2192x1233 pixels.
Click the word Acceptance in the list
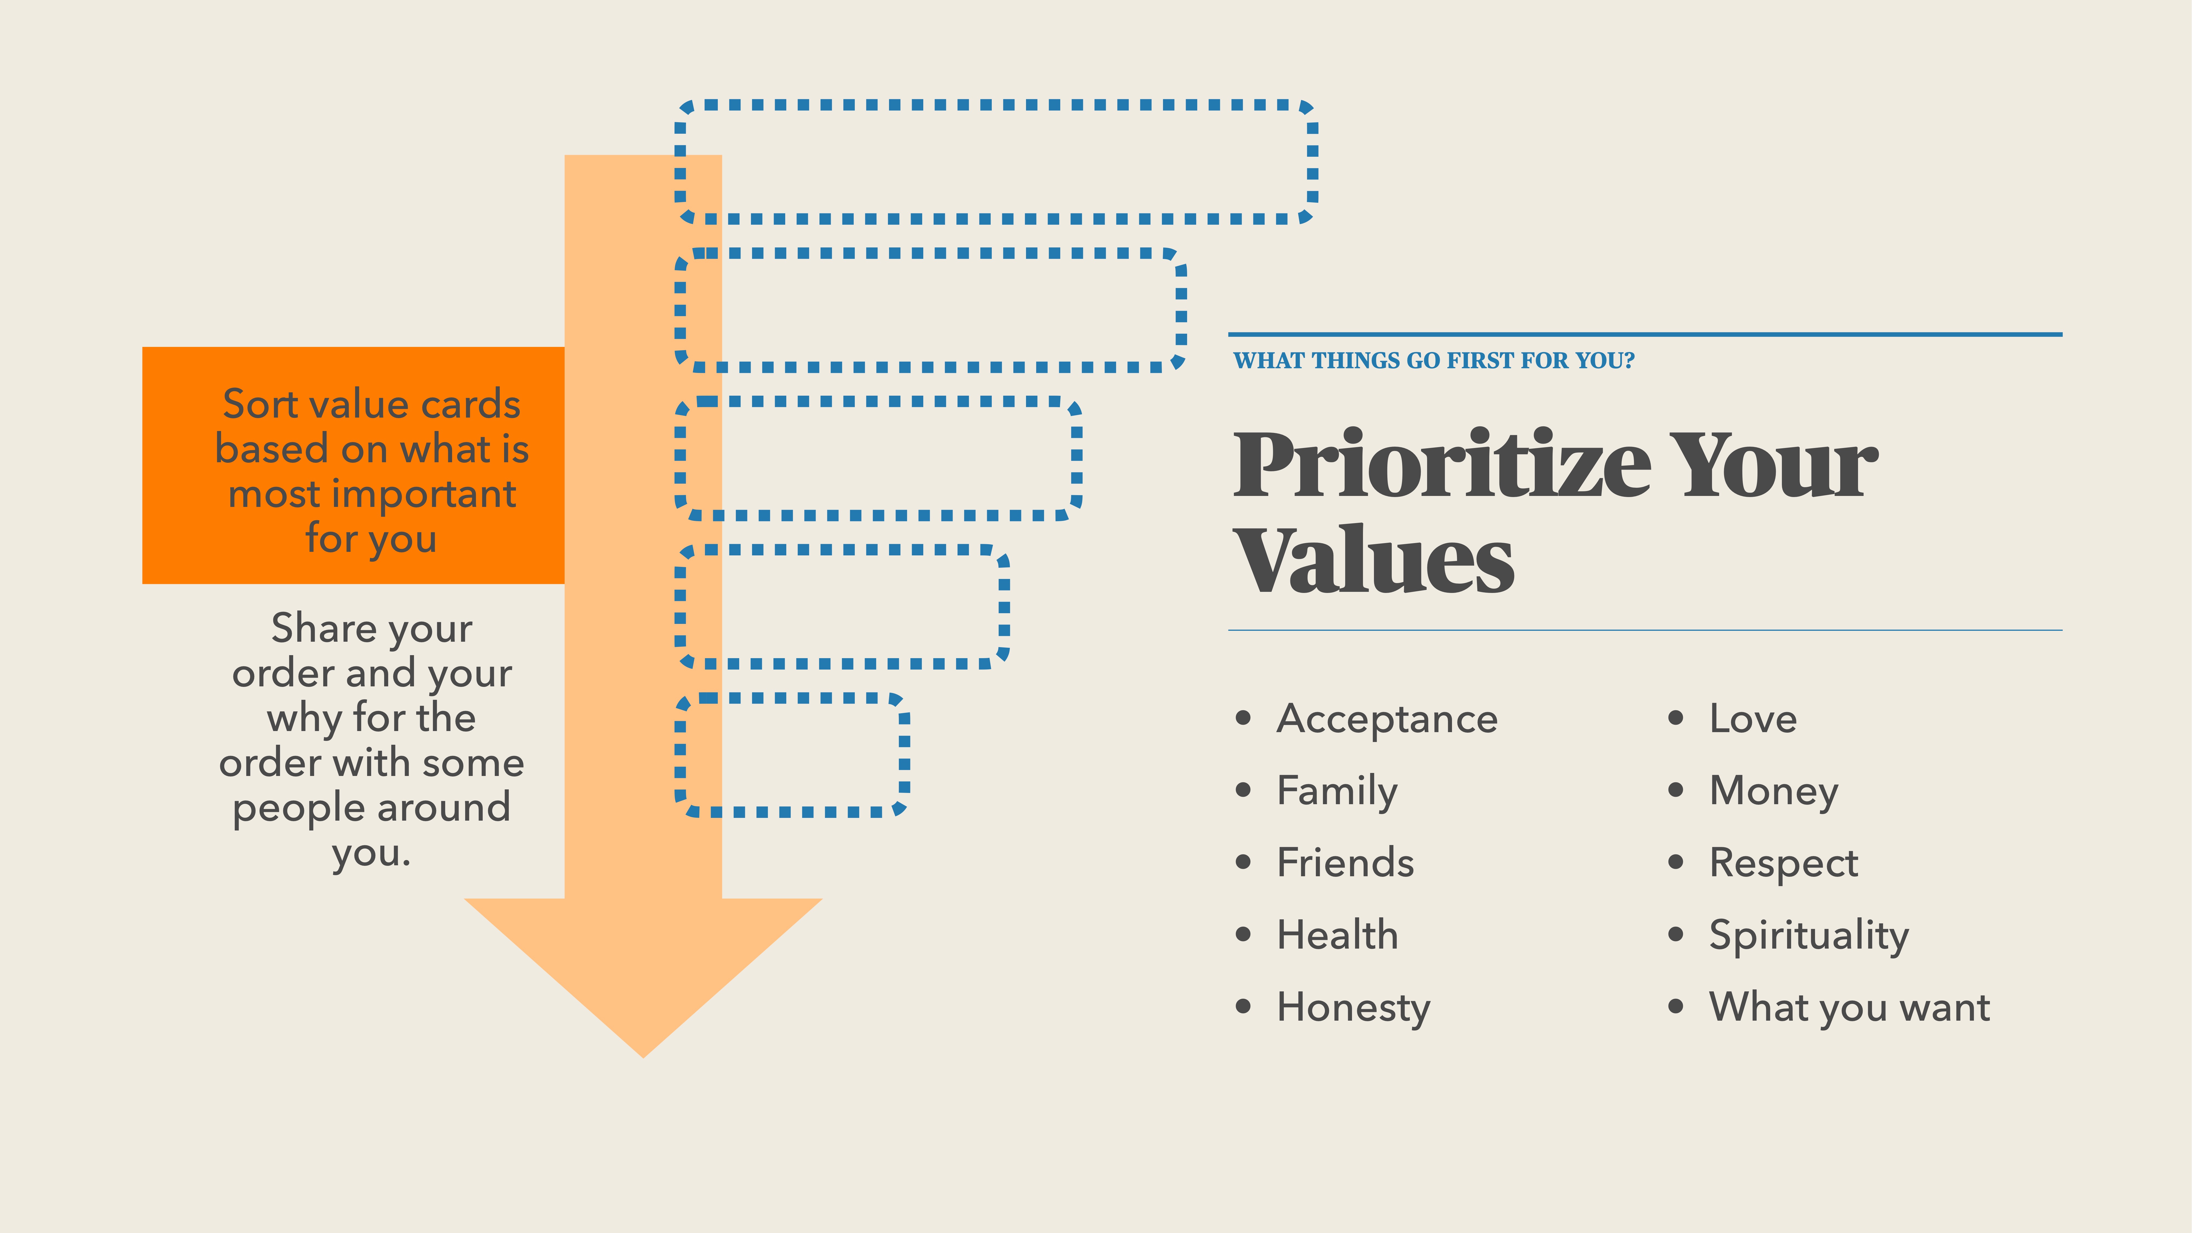1387,719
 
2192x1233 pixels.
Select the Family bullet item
1337,791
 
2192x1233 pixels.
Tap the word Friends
1345,863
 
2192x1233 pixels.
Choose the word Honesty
1353,1007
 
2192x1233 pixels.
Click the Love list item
1753,719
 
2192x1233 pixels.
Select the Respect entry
1784,863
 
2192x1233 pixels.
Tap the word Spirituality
1808,935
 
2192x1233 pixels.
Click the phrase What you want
1849,1007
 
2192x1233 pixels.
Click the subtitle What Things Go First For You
1434,361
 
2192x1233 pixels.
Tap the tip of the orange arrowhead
643,1054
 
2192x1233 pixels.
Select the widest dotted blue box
996,162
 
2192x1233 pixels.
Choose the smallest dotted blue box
791,755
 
